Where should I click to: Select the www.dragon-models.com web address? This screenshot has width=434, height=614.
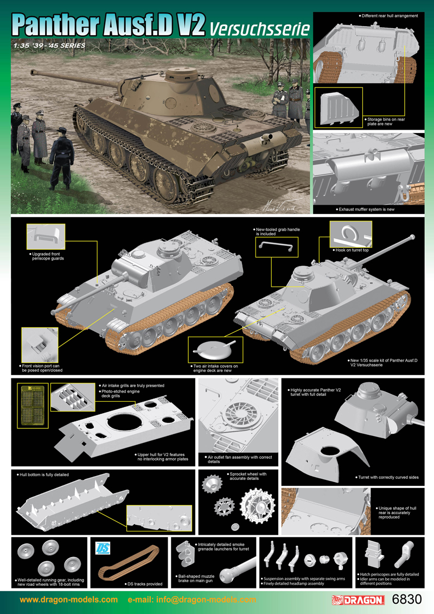(68, 599)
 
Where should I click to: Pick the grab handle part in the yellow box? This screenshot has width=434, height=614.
(276, 246)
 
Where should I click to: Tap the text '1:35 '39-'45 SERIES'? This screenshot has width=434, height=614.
(48, 46)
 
